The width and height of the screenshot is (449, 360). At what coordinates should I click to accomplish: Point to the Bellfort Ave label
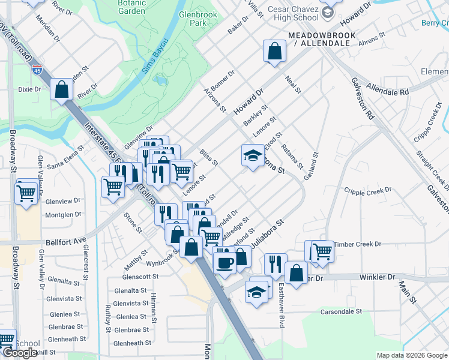click(x=66, y=242)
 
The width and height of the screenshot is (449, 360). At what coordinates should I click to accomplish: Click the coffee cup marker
click(x=225, y=262)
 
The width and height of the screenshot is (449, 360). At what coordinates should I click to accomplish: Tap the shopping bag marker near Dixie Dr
click(x=62, y=90)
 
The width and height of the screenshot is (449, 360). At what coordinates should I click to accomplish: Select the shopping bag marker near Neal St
click(x=274, y=51)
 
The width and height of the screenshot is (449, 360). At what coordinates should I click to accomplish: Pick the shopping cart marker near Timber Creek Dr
click(x=322, y=250)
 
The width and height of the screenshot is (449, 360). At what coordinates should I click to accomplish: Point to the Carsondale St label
click(x=341, y=311)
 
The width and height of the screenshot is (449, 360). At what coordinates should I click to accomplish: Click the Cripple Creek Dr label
click(x=367, y=190)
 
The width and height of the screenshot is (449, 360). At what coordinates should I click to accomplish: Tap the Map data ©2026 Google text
click(x=411, y=355)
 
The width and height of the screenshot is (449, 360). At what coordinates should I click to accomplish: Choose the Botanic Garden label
click(x=131, y=7)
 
